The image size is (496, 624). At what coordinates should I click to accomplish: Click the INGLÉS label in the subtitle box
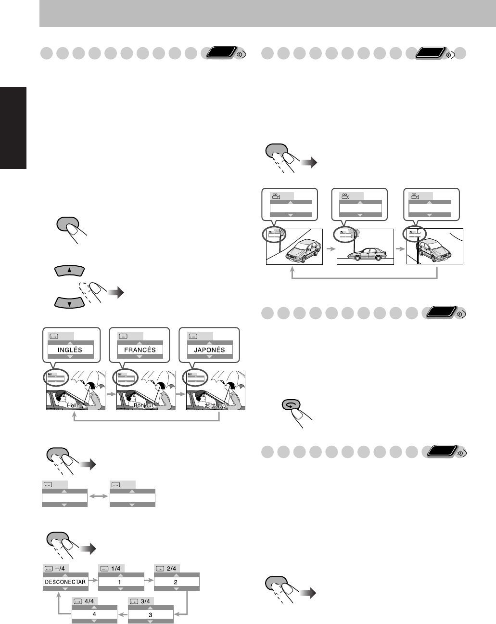(x=70, y=350)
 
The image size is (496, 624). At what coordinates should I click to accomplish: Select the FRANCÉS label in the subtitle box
(x=140, y=350)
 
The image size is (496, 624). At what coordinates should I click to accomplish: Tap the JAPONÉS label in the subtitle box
(x=209, y=350)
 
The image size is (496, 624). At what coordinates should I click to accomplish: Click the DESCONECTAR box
(x=65, y=582)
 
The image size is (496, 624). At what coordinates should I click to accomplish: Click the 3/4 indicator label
(x=143, y=601)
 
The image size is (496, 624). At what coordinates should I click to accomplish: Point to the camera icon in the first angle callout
(x=276, y=196)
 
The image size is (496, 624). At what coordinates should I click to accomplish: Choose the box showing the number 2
(x=176, y=582)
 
